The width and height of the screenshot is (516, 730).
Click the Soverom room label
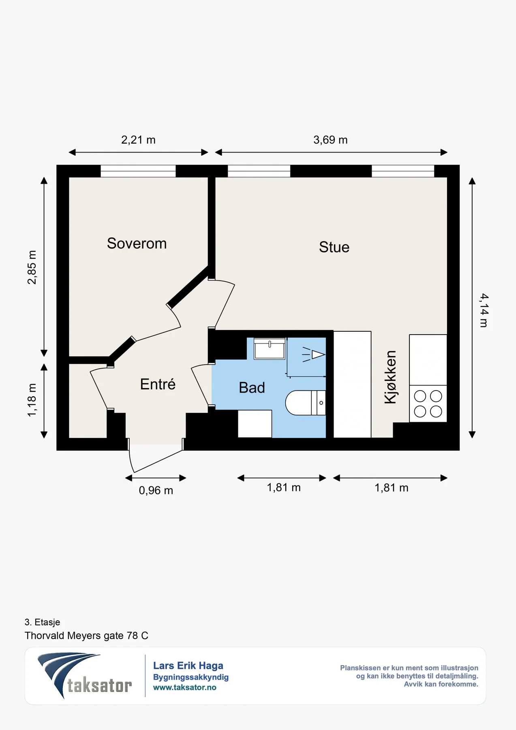(x=137, y=243)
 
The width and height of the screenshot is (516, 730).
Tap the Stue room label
(x=334, y=247)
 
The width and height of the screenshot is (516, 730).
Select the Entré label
(x=158, y=384)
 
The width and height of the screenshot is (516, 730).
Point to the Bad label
(x=252, y=388)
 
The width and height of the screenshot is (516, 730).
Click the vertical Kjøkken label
(x=390, y=377)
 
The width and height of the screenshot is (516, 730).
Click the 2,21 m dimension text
(x=138, y=140)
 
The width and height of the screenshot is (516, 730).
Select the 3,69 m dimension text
(x=330, y=140)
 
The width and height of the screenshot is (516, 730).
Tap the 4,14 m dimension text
(x=484, y=310)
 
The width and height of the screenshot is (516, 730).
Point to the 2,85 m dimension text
(x=32, y=267)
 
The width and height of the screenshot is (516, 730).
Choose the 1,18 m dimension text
(x=32, y=400)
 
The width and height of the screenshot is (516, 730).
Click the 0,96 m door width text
(x=156, y=490)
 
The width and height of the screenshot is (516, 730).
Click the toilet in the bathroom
(x=306, y=403)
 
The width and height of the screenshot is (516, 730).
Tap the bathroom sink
(x=270, y=348)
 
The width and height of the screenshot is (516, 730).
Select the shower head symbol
(x=314, y=354)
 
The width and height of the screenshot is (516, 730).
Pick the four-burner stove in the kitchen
(x=428, y=404)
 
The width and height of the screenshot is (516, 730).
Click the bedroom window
(x=138, y=171)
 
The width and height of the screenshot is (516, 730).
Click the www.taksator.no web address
(x=185, y=687)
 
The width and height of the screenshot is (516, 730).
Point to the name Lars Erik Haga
(x=188, y=666)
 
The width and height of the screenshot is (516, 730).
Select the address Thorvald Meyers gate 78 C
(x=86, y=636)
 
